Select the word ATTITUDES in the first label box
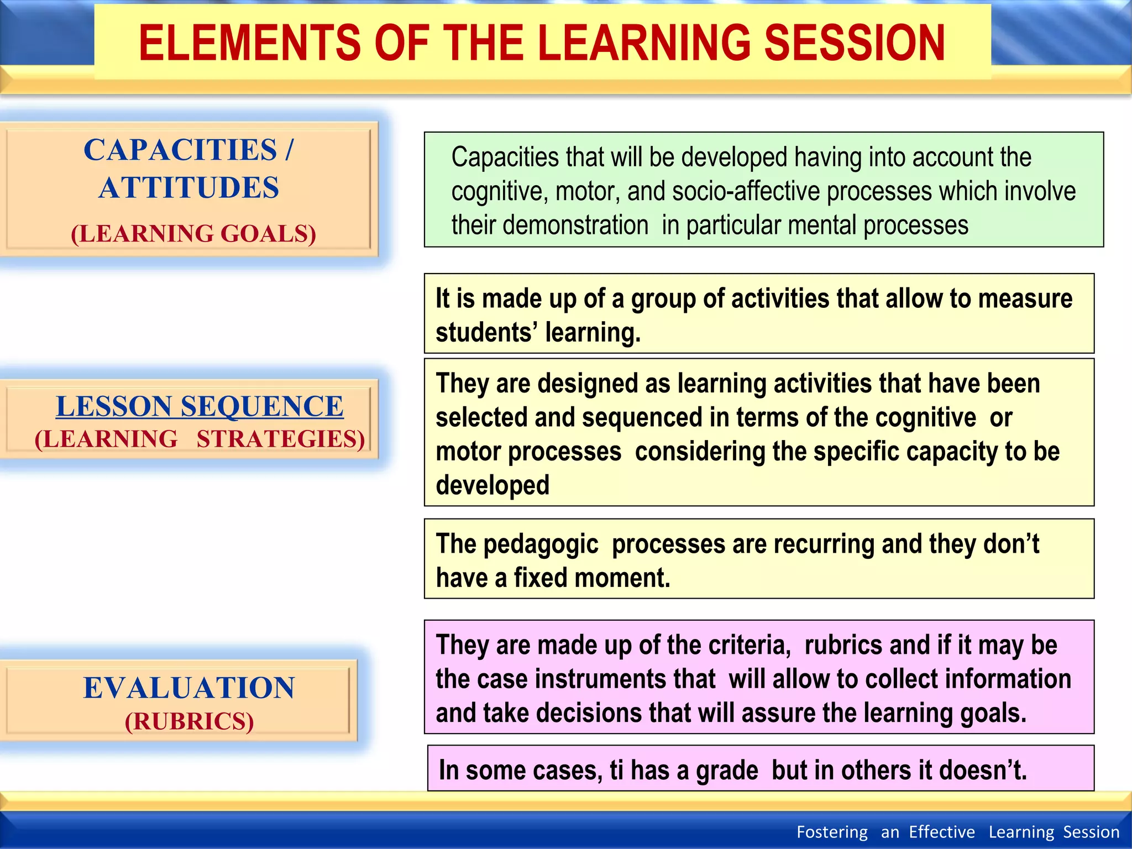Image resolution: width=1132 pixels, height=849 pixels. (189, 188)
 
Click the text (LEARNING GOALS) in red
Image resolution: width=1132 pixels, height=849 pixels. (193, 234)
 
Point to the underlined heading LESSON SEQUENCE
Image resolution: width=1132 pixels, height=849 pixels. (200, 407)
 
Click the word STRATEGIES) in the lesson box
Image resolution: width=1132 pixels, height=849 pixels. (281, 439)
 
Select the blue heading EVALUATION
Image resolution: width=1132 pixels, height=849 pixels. (189, 688)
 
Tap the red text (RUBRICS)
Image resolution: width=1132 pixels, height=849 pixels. (189, 722)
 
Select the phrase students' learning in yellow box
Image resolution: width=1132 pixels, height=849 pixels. (537, 333)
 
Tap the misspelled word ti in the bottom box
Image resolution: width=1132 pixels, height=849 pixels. (616, 771)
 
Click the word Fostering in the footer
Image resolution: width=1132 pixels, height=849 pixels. (832, 832)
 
